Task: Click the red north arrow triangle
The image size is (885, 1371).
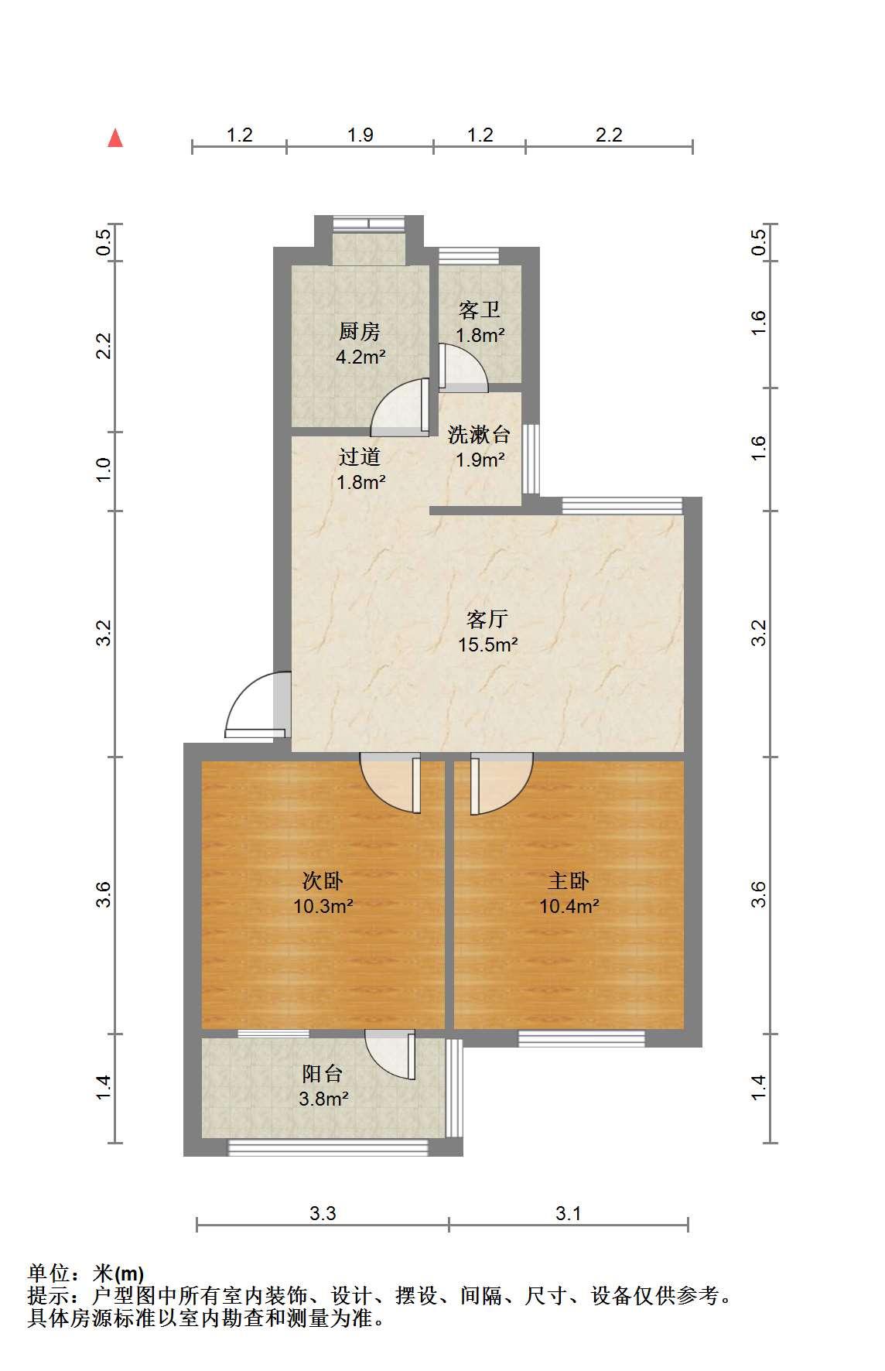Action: click(x=115, y=138)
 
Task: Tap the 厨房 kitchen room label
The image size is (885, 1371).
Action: click(x=360, y=332)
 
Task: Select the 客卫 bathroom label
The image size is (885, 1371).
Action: click(x=480, y=310)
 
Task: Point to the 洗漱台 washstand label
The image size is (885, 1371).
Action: click(x=480, y=434)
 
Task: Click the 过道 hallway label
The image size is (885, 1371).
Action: click(x=360, y=456)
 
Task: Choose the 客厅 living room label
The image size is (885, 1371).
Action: click(x=487, y=619)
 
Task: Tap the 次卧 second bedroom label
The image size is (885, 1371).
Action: click(x=323, y=880)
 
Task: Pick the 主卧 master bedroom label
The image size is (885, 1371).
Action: click(x=569, y=880)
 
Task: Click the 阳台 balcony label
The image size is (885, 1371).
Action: click(x=323, y=1073)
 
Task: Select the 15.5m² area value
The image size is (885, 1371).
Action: click(x=487, y=644)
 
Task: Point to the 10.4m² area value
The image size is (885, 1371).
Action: click(x=569, y=905)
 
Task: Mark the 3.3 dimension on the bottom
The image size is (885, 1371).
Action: click(x=323, y=1213)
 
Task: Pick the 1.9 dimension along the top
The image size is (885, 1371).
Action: click(x=360, y=135)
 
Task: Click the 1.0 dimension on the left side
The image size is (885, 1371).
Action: click(x=104, y=470)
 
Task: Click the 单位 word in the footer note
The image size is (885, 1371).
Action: click(x=50, y=1274)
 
